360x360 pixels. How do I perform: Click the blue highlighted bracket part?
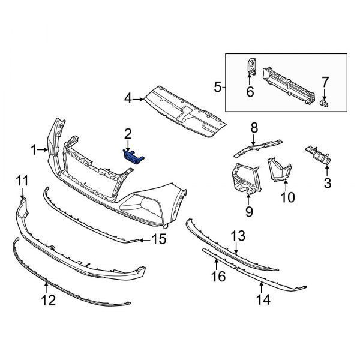coord(133,157)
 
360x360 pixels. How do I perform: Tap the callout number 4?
coord(128,99)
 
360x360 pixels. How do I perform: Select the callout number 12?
coord(49,300)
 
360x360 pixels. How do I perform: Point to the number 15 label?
coord(159,239)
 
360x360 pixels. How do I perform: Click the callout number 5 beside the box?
coord(217,87)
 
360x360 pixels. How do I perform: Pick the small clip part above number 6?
coord(252,66)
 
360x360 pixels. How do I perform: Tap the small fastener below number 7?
coord(325,104)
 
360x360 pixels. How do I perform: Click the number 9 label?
coord(249,211)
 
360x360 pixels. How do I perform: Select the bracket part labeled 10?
coord(279,169)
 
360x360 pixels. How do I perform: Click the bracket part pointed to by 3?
coord(318,155)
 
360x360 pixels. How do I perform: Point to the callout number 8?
coord(254,128)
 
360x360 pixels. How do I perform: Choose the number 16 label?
coord(218,276)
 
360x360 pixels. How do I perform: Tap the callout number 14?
coord(263,299)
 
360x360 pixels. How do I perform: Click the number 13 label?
coord(238,236)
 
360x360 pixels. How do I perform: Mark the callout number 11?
coord(22,181)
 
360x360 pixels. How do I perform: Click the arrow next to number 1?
coord(43,150)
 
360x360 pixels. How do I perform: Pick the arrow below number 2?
coord(128,146)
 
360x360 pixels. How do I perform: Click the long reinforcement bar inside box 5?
coord(289,86)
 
